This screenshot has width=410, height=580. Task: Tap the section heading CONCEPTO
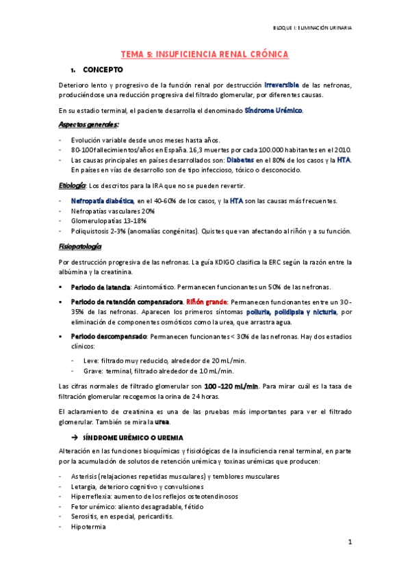pos(103,70)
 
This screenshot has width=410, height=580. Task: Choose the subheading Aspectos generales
pos(89,124)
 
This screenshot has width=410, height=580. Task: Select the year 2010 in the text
pos(344,148)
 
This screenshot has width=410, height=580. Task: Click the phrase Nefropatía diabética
pos(102,200)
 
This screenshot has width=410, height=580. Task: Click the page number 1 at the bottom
pos(349,543)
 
